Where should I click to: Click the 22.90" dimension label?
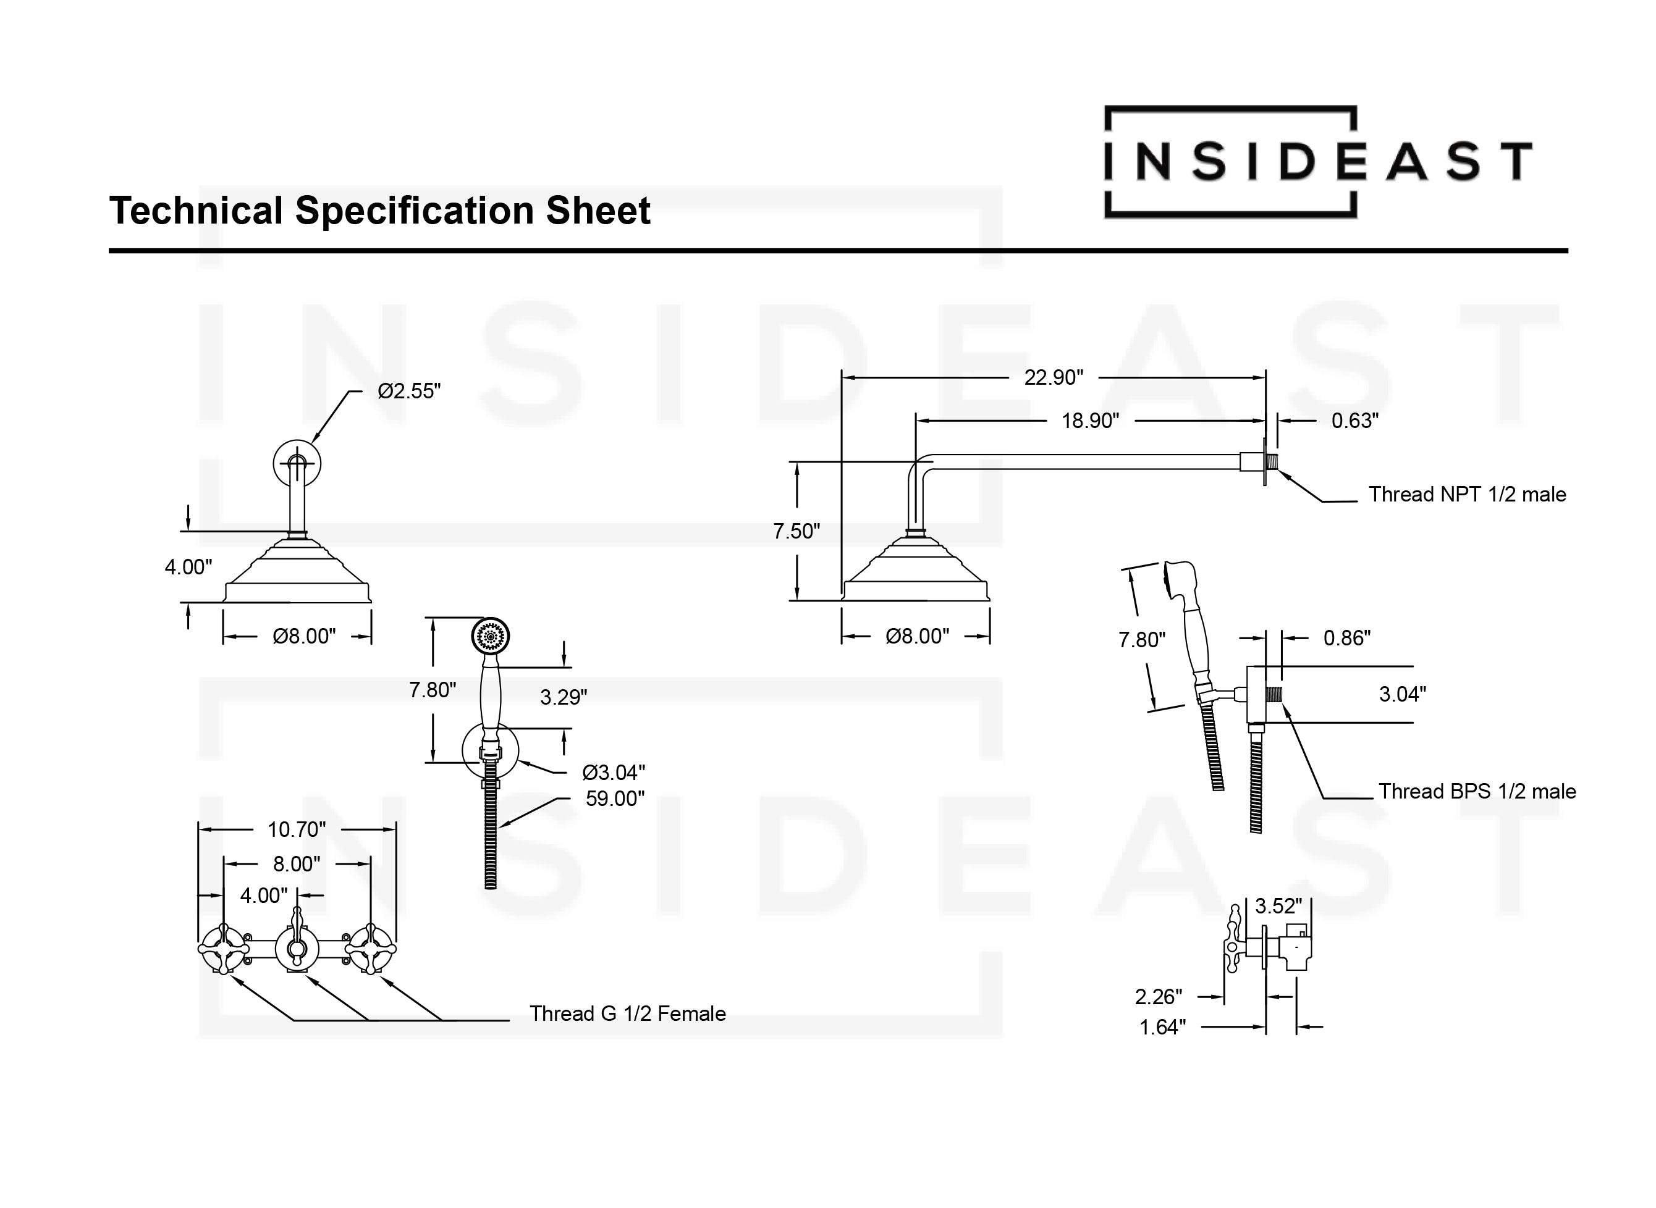[x=1054, y=377]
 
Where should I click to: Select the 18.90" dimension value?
[x=1090, y=421]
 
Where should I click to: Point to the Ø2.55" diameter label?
[x=409, y=391]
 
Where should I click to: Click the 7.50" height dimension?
[x=796, y=531]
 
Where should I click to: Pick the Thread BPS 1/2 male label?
[x=1477, y=791]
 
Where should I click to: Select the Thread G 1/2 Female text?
[x=627, y=1013]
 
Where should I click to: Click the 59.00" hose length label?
[x=614, y=799]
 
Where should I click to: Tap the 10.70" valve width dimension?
[x=296, y=829]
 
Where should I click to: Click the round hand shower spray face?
[x=491, y=635]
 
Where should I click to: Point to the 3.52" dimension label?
[x=1278, y=906]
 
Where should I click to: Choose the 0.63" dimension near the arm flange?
[x=1354, y=421]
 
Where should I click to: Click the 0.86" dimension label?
[x=1346, y=639]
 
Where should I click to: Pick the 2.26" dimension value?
[x=1158, y=997]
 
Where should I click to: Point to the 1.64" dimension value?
[x=1162, y=1028]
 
